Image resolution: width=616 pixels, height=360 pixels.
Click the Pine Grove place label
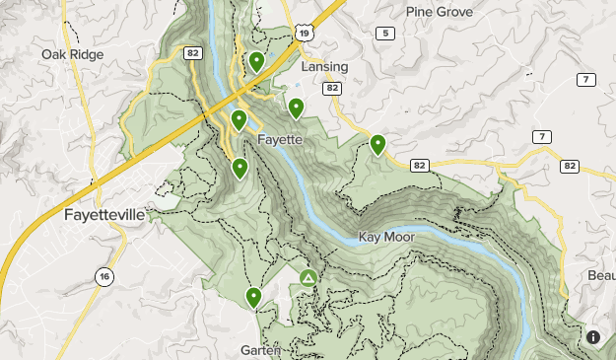tap(440, 12)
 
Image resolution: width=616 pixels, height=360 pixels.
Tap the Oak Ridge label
tap(73, 54)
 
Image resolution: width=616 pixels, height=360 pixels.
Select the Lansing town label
tap(324, 67)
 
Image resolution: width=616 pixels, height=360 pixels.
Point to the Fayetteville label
tap(103, 214)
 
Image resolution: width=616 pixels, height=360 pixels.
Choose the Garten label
tap(260, 350)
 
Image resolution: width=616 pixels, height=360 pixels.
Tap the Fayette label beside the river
tap(279, 140)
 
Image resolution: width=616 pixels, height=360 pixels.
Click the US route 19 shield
tap(305, 34)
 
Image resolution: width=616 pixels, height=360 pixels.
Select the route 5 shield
tap(384, 34)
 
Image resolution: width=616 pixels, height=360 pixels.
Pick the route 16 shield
tap(104, 277)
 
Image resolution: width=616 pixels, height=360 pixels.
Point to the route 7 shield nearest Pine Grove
tap(586, 79)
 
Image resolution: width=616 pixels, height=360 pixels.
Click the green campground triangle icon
tap(309, 279)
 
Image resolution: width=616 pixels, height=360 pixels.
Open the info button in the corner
tap(593, 337)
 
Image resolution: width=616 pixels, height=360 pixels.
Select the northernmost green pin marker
tap(256, 62)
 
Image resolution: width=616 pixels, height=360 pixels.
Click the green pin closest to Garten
tap(253, 296)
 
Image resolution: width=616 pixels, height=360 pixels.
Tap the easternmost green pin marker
tap(377, 144)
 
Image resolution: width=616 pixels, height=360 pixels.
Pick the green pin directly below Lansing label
tap(295, 107)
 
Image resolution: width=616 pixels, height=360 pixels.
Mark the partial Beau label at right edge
tap(599, 274)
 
